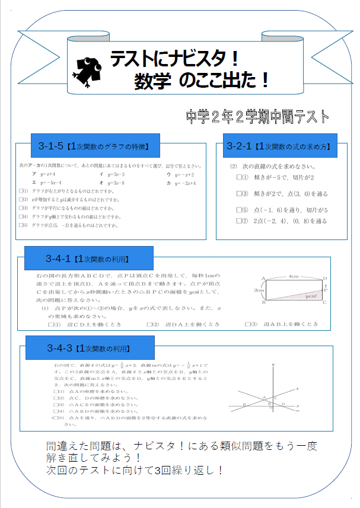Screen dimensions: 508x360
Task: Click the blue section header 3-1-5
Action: (93, 146)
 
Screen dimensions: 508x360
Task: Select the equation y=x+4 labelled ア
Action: (44, 175)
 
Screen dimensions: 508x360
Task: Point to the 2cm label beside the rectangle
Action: (259, 290)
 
